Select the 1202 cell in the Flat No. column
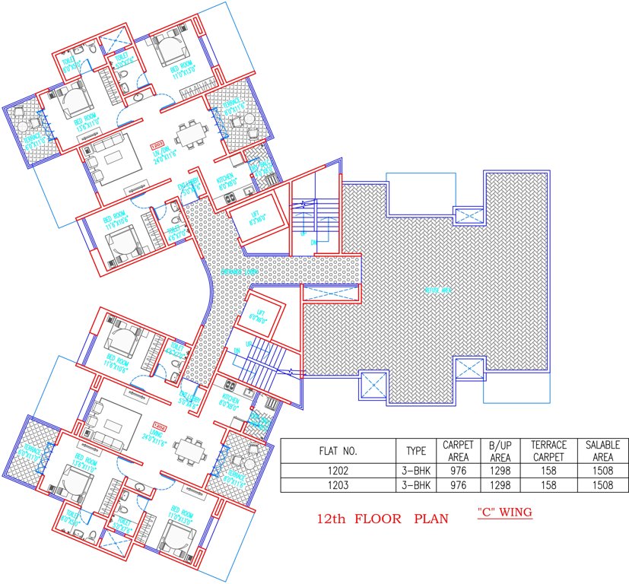click(338, 472)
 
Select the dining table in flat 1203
click(187, 137)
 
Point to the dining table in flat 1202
click(187, 449)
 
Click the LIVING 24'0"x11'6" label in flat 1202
click(158, 435)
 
